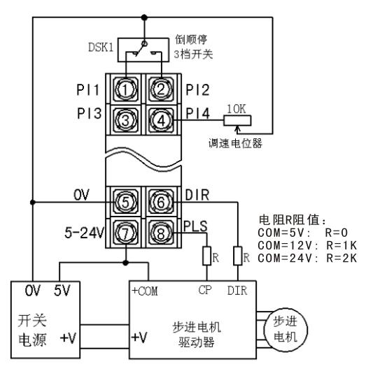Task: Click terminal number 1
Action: (x=125, y=89)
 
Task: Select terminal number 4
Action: (x=161, y=120)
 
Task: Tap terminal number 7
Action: (x=125, y=233)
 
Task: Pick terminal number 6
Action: (x=161, y=203)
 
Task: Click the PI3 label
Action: (x=89, y=113)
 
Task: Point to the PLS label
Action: (x=195, y=226)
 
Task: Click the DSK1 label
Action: (x=101, y=47)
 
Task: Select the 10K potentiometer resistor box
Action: (x=237, y=120)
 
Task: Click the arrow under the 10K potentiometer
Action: (x=237, y=130)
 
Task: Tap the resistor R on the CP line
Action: (x=206, y=256)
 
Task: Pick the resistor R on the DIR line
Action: (x=237, y=256)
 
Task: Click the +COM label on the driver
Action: (x=145, y=291)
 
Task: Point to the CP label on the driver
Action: (x=205, y=290)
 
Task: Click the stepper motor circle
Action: (x=286, y=329)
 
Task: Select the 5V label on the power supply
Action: (x=62, y=291)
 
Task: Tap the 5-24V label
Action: (x=85, y=233)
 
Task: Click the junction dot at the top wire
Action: (x=144, y=17)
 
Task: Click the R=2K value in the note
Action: (x=342, y=258)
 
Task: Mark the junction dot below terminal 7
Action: (x=126, y=263)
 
